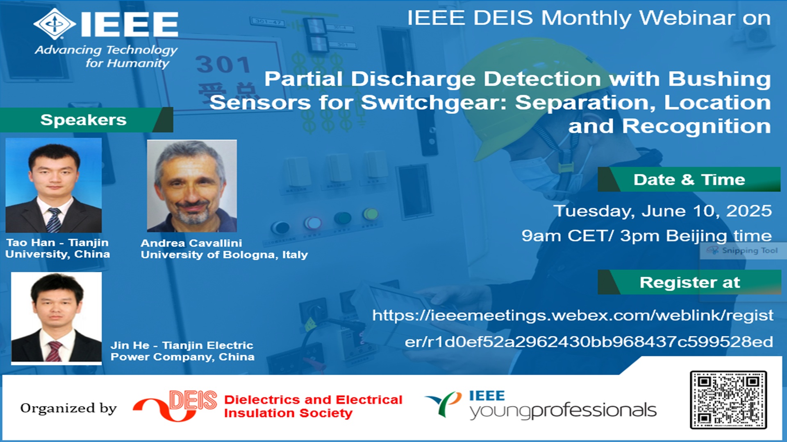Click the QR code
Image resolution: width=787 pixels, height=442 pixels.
coord(728,400)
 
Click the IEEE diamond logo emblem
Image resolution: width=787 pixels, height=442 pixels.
coord(55,23)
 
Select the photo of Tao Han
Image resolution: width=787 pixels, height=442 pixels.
coord(54,185)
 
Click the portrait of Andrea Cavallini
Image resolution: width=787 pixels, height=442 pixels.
coord(192,186)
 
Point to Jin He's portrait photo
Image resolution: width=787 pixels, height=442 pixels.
coord(56,318)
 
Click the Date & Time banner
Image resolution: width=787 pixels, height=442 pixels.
coord(689,179)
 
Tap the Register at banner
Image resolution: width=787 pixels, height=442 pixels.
coord(689,282)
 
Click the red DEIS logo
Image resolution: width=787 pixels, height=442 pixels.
coord(175,406)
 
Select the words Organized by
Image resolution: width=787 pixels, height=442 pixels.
coord(68,408)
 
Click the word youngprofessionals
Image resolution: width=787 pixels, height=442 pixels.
coord(563,410)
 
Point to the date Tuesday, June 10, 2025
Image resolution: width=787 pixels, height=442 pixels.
coord(662,211)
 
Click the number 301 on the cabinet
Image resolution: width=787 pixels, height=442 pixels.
coord(223,64)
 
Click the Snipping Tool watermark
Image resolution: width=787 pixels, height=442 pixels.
coord(743,250)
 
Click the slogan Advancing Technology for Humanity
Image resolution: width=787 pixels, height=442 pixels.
coord(106,56)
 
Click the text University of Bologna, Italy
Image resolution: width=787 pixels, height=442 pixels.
coord(224,255)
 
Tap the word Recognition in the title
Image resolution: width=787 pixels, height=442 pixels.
coord(696,126)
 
